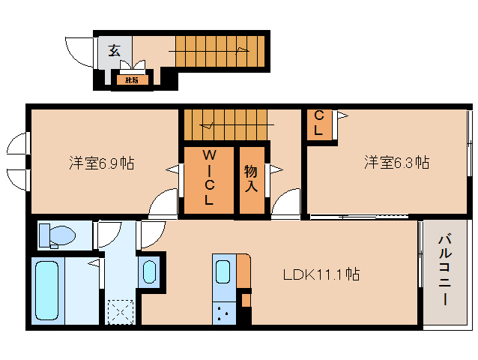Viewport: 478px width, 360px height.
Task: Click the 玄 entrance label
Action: tap(115, 51)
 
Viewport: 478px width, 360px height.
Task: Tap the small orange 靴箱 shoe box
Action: tap(131, 79)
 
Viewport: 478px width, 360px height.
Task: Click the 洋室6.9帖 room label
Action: tap(101, 163)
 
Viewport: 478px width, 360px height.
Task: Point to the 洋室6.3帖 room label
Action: tap(396, 162)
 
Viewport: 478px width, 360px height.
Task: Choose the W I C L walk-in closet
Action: tap(209, 178)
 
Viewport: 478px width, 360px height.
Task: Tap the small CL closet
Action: tap(319, 124)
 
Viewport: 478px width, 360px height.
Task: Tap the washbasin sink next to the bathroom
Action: tap(149, 271)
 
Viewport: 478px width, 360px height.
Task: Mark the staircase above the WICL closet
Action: tap(225, 124)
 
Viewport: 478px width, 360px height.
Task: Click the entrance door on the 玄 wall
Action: tap(79, 51)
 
